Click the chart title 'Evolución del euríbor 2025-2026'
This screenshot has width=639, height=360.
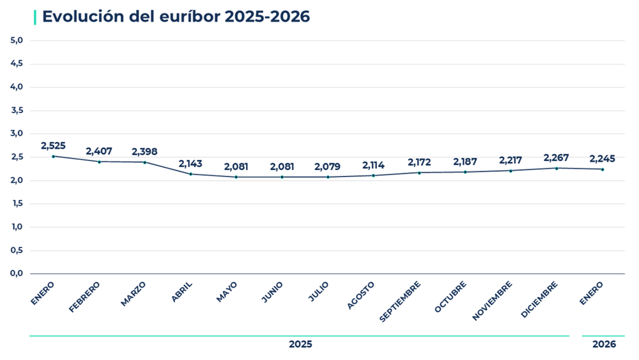pos(176,17)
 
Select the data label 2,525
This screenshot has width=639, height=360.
pos(53,146)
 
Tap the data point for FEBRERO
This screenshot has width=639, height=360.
pos(99,162)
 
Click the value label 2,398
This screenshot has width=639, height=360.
pos(144,152)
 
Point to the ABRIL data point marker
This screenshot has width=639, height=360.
pos(190,174)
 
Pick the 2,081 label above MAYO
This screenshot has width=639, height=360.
pos(236,166)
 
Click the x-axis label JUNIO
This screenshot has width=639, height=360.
pos(273,292)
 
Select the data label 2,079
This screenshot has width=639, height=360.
pos(328,166)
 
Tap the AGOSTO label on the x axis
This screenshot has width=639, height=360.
pos(362,295)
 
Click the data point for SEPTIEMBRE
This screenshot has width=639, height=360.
pos(420,173)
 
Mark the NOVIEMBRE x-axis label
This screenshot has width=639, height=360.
pos(493,301)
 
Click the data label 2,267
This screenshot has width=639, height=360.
pos(556,157)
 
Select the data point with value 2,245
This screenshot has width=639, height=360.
pos(602,169)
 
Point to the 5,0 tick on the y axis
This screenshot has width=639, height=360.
pos(17,40)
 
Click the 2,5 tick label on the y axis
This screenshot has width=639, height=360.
pos(17,157)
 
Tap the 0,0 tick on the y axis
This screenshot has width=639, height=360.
pos(17,274)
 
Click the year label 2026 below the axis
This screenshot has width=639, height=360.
pos(604,344)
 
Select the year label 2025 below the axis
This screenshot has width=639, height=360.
pos(300,344)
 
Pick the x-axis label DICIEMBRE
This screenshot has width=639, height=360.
pos(540,299)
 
